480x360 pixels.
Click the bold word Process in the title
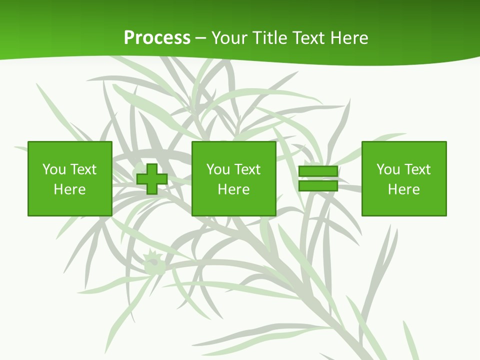tap(157, 38)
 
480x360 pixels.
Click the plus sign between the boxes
tap(152, 178)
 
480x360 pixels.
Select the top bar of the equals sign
tap(318, 171)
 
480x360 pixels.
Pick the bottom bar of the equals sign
tap(318, 185)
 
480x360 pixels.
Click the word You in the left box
tap(54, 169)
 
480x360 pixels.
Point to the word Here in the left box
tap(69, 189)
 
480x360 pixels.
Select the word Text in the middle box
tap(246, 169)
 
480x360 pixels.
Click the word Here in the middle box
tap(233, 189)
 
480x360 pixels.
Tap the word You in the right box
tap(388, 169)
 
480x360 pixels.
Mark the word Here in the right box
tap(403, 189)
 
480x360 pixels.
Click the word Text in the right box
tap(416, 169)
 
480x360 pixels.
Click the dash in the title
tap(200, 38)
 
